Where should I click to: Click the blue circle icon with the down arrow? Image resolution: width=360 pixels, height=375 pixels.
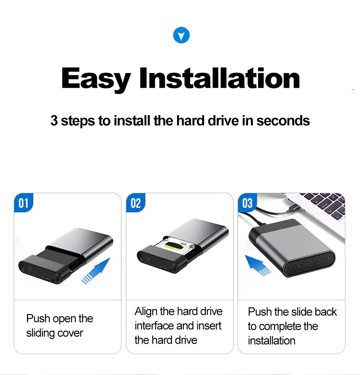pos(181,35)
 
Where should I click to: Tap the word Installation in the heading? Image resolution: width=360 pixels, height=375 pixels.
pos(219,78)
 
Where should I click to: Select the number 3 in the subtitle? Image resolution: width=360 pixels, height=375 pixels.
pos(54,121)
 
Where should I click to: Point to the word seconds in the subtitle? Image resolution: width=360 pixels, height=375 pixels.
pos(283,121)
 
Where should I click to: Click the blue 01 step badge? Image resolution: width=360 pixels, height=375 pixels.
pos(23,203)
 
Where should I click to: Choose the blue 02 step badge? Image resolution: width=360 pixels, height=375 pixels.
pos(136,203)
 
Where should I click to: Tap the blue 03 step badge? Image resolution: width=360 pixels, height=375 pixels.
pos(247,203)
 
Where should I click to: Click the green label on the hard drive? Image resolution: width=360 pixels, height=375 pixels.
pos(176,245)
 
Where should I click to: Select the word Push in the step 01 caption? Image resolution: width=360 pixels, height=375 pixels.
pos(38,319)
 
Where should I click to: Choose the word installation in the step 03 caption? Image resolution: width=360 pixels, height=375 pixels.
pos(271,340)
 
